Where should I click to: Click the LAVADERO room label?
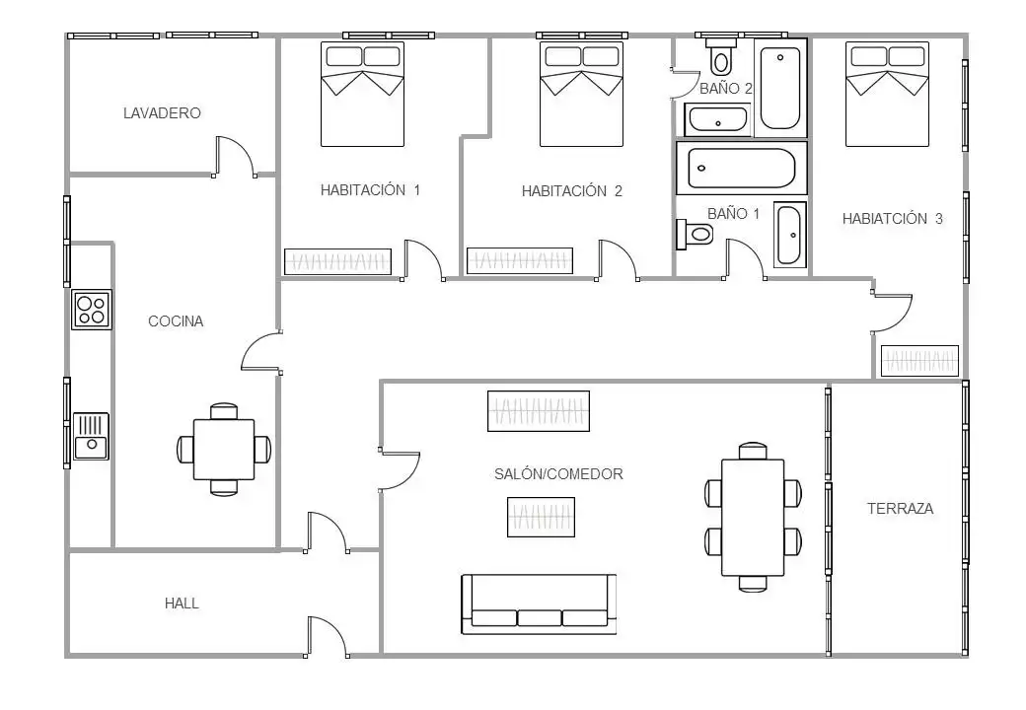coord(162,113)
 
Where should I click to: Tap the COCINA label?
coord(176,321)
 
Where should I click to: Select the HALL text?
coord(182,603)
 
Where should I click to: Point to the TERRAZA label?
coord(900,509)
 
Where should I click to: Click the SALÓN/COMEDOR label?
coord(558,474)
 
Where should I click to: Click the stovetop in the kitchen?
coord(92,310)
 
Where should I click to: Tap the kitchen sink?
coord(91,436)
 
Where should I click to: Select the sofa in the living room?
coord(539,604)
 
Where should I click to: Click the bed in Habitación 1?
coord(362,94)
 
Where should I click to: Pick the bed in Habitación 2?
coord(581,94)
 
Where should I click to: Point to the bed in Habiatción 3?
coord(887,94)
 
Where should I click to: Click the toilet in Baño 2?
coord(720,56)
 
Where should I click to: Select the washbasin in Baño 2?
coord(718,119)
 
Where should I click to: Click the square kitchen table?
coord(224,449)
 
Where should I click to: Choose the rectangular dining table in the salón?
coord(753,517)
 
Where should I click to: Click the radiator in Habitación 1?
coord(337,261)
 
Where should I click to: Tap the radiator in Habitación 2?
coord(519,260)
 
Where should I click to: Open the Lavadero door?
coord(235,157)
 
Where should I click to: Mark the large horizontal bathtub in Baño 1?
coord(741,168)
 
